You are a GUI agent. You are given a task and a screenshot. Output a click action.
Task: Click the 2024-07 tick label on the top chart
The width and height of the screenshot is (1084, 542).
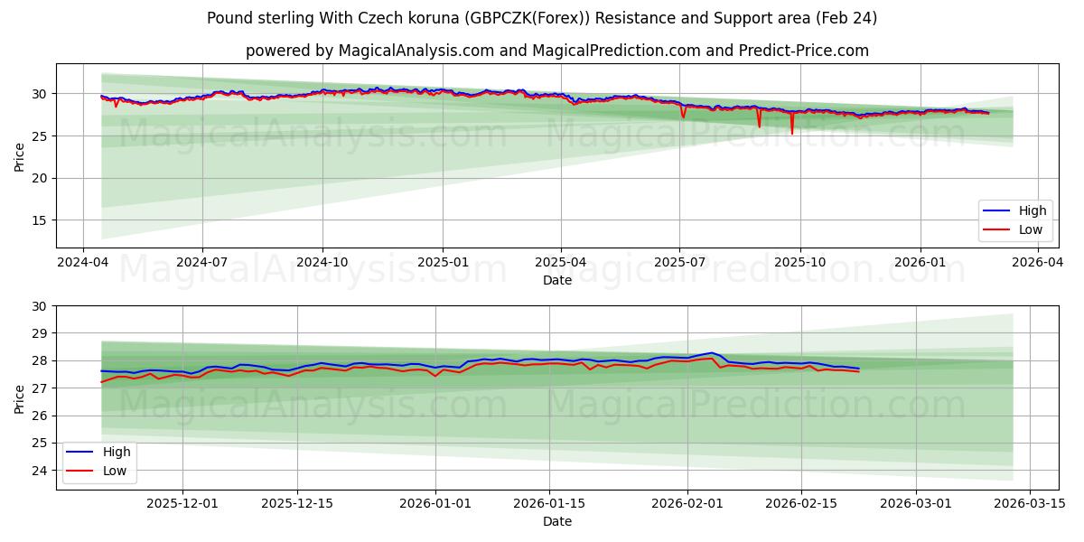pyautogui.click(x=201, y=263)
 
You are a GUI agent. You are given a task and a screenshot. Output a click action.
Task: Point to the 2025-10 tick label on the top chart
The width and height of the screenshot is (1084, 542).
pyautogui.click(x=799, y=263)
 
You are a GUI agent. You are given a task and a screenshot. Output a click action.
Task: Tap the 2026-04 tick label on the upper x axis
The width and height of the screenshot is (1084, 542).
pyautogui.click(x=1037, y=263)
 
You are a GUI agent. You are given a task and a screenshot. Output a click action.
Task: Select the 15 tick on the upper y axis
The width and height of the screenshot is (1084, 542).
pyautogui.click(x=39, y=220)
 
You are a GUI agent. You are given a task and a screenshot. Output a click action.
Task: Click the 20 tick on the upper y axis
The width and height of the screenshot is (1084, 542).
pyautogui.click(x=39, y=178)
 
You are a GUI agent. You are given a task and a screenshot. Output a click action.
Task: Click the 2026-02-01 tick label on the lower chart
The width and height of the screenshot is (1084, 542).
pyautogui.click(x=687, y=504)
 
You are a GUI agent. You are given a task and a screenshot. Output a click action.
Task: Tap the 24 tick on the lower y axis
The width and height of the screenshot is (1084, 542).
pyautogui.click(x=39, y=471)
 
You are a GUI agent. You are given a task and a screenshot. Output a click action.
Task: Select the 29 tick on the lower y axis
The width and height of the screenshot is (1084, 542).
pyautogui.click(x=39, y=333)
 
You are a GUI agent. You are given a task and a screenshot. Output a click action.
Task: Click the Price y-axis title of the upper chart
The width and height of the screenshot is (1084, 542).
pyautogui.click(x=20, y=155)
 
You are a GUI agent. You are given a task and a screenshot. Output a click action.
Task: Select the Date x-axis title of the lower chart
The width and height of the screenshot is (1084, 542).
pyautogui.click(x=557, y=521)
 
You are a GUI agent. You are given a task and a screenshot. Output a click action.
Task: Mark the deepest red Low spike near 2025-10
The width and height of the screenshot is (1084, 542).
pyautogui.click(x=792, y=134)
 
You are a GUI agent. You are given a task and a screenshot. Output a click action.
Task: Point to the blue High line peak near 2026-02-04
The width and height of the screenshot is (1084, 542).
pyautogui.click(x=712, y=352)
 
